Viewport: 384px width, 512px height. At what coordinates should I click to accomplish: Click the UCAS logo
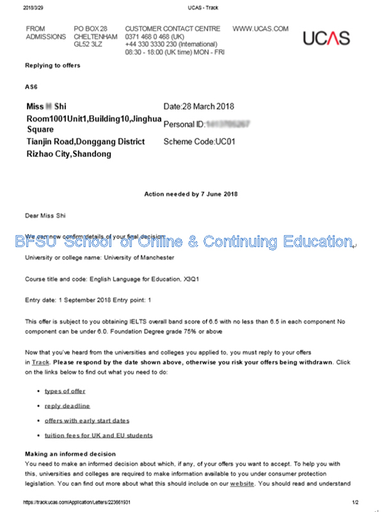click(x=327, y=37)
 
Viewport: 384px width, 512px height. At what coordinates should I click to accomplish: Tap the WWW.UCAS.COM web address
click(x=260, y=29)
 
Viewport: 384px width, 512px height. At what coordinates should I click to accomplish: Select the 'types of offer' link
click(x=65, y=391)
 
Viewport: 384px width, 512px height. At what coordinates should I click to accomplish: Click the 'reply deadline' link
click(x=67, y=406)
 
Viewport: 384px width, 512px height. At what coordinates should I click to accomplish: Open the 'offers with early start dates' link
click(x=87, y=420)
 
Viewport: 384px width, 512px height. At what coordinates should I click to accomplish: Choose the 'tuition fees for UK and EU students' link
click(x=99, y=435)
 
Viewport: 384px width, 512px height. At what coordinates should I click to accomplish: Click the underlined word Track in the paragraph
click(x=40, y=362)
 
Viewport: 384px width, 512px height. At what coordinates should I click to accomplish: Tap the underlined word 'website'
click(x=242, y=484)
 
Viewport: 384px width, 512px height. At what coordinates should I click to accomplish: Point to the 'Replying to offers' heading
click(x=52, y=65)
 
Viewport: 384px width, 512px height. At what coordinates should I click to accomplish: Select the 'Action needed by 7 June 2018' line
click(x=191, y=194)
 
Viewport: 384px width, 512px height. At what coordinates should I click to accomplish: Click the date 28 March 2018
click(x=209, y=106)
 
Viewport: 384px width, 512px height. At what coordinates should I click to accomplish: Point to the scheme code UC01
click(x=225, y=141)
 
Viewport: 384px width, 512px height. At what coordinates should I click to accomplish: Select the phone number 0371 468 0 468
click(x=150, y=37)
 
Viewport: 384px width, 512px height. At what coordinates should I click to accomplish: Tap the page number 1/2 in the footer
click(x=355, y=503)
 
